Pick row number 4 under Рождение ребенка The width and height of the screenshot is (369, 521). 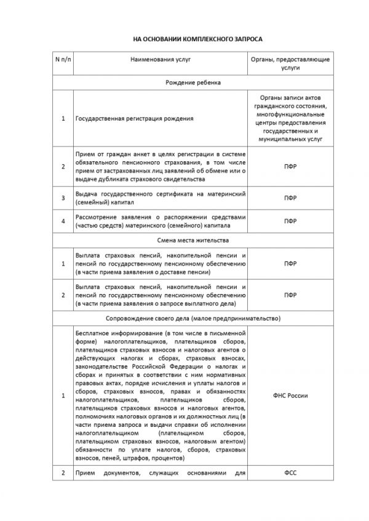(x=63, y=221)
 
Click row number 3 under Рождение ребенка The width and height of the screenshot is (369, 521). (x=63, y=197)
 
